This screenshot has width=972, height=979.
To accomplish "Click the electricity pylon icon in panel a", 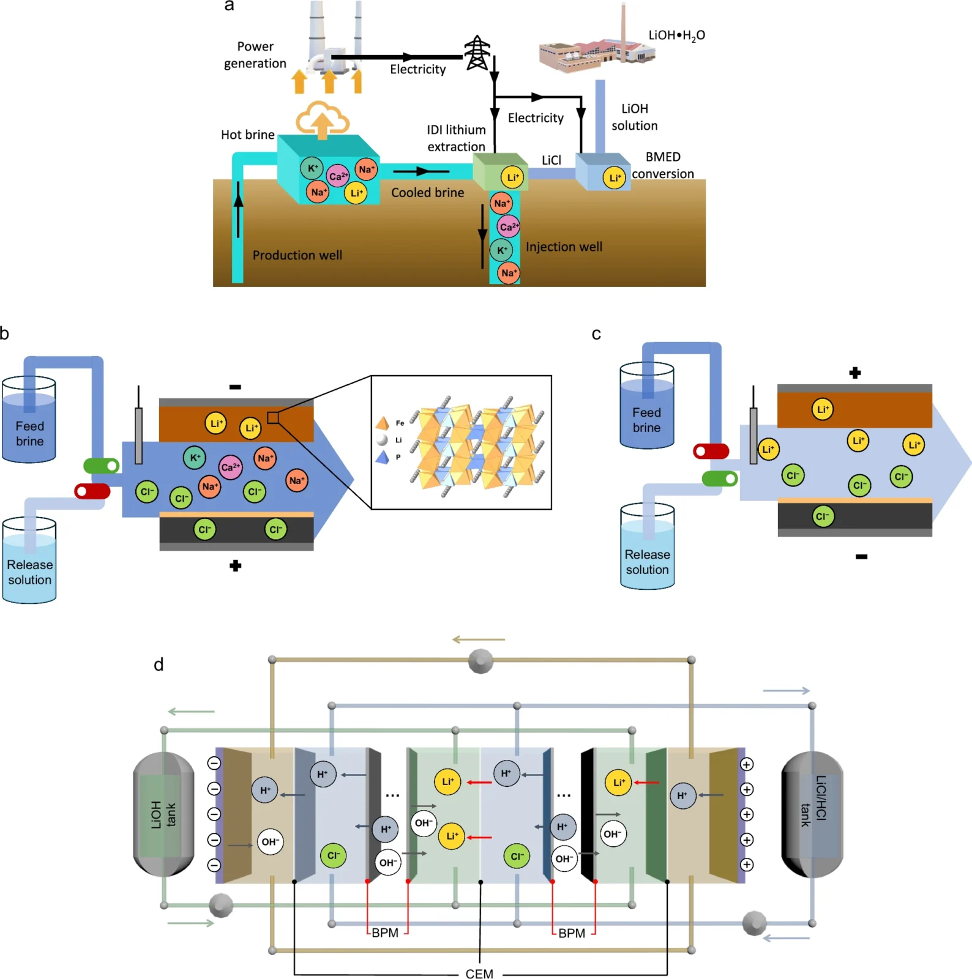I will pos(477,53).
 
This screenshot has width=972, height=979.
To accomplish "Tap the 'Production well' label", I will pos(297,255).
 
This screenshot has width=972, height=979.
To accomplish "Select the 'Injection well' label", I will pos(564,247).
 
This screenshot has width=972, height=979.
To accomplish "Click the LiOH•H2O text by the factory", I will pos(676,35).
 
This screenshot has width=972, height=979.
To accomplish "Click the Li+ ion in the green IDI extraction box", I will pos(512,177).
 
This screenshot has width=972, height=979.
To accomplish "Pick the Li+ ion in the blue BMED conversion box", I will pos(614,178).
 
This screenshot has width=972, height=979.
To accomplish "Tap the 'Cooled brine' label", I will pos(427,193).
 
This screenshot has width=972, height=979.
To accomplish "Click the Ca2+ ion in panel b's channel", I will pos(230,467).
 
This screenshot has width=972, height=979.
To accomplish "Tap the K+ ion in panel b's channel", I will pos(195,458).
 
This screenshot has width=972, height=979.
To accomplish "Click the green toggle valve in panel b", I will pos(102,466).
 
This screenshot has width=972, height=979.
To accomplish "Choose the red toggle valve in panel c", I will pos(711,452).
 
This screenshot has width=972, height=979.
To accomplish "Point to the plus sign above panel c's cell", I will pos(855,373).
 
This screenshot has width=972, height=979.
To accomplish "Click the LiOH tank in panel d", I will pos(163,814).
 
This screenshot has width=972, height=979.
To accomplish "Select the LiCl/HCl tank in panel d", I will pos(812,814).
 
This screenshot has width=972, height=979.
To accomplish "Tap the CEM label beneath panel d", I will pos(479,973).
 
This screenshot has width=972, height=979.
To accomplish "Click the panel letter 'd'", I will pos(159,664).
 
